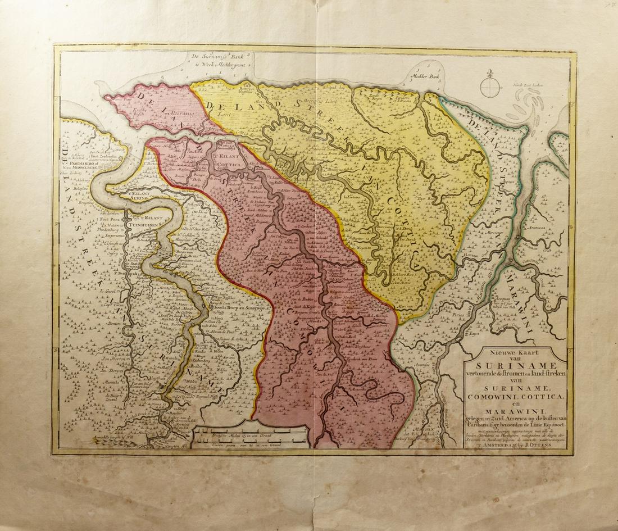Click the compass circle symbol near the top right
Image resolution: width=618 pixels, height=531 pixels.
pos(490,85)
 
